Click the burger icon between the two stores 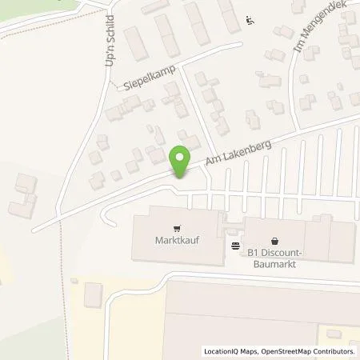click(x=235, y=244)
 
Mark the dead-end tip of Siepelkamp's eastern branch click(x=241, y=43)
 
